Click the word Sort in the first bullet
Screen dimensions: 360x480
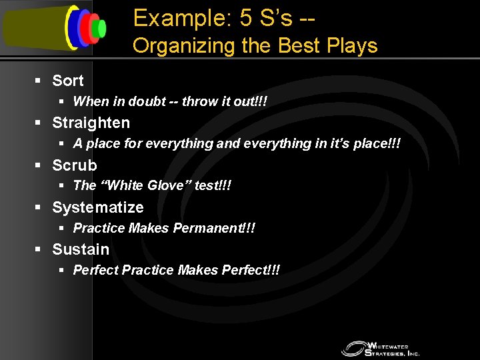[x=67, y=81]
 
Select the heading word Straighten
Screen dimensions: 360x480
[x=91, y=123]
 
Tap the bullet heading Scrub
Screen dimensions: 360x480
[x=74, y=165]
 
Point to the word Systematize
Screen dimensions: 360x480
[x=97, y=207]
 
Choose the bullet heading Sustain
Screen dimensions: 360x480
[x=80, y=249]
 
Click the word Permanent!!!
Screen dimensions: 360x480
[x=214, y=228]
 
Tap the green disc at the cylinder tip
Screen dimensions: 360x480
[x=101, y=28]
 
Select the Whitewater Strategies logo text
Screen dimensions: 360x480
[x=393, y=348]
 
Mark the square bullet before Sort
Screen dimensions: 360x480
[x=39, y=81]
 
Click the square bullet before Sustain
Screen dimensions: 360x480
[x=39, y=249]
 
